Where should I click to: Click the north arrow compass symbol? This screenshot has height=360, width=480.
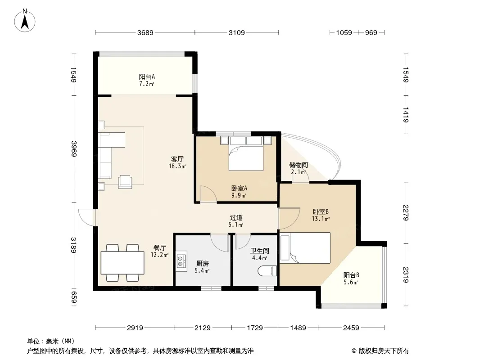25,20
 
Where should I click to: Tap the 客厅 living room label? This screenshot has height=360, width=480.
177,159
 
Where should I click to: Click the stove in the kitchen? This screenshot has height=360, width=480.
181,261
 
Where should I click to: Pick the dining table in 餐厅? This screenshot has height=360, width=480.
122,262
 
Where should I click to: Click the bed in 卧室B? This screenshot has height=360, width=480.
305,248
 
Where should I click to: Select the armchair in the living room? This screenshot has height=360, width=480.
125,182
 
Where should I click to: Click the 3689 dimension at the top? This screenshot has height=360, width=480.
145,32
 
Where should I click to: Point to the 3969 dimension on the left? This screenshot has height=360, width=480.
74,148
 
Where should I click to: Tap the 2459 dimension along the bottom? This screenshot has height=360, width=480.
351,328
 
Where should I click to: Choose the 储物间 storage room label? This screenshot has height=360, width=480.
298,165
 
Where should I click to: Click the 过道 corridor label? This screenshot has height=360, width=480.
236,218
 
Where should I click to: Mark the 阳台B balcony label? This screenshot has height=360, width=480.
351,275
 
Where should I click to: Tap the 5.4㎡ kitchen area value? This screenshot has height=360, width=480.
202,271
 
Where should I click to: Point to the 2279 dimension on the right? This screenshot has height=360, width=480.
406,213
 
